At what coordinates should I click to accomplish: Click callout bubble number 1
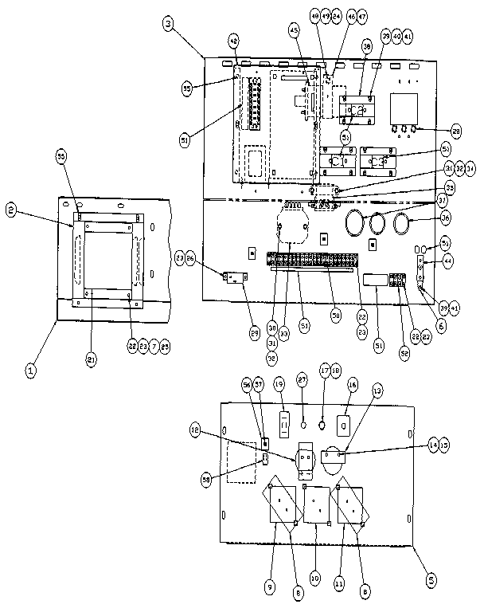(31, 369)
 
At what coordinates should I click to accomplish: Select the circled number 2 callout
(12, 210)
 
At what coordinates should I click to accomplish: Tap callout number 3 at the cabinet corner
(168, 24)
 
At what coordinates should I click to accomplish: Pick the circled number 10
(315, 576)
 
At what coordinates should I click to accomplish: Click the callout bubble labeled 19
(279, 385)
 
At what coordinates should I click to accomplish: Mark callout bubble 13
(377, 390)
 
